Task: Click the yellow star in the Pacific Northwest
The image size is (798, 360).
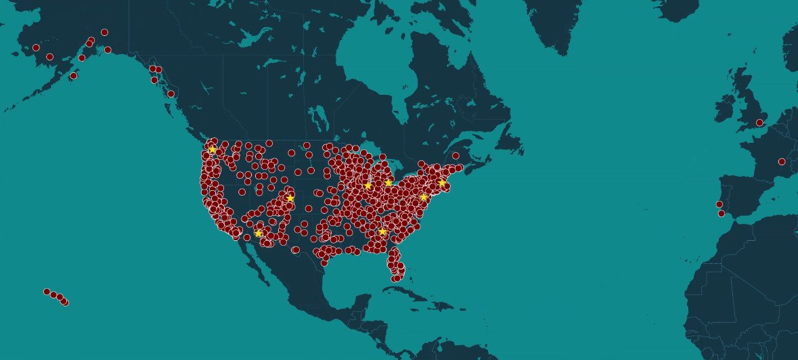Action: tap(212, 150)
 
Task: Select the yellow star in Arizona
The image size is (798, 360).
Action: tap(258, 233)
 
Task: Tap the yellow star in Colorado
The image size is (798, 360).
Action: tap(290, 198)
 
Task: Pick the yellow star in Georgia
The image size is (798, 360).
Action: tap(382, 231)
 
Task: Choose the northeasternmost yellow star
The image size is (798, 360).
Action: tap(442, 183)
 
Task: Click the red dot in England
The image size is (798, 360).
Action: tap(759, 122)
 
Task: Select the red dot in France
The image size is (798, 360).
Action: tap(782, 161)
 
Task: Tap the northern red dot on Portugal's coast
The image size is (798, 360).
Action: tap(719, 204)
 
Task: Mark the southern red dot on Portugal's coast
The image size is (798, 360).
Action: tap(722, 213)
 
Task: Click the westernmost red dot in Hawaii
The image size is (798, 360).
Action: tap(47, 292)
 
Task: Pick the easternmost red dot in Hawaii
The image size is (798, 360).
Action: tap(64, 302)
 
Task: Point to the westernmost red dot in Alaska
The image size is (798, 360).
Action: tap(36, 47)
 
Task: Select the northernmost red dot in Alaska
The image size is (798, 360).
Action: tap(104, 32)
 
